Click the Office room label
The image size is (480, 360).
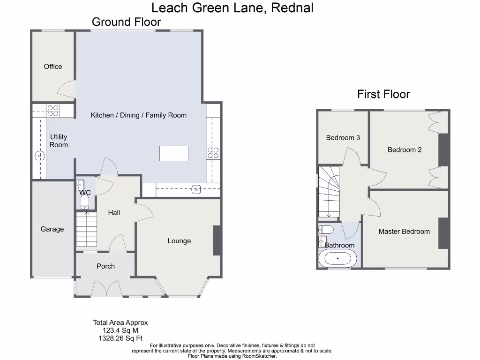[53, 67]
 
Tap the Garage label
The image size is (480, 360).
[52, 229]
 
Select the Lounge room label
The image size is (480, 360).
[179, 241]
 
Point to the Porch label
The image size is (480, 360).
[105, 266]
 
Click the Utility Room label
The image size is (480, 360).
[59, 141]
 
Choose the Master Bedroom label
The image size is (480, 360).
[404, 232]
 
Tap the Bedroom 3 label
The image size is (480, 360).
[343, 138]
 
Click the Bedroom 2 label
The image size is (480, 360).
[405, 150]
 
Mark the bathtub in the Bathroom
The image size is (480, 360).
[337, 258]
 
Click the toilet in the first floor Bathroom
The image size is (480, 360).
[326, 230]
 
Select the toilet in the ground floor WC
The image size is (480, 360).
[85, 202]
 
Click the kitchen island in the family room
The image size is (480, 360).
[174, 153]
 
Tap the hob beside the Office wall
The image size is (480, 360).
[53, 110]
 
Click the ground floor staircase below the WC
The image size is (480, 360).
[86, 229]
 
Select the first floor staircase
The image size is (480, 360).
[329, 192]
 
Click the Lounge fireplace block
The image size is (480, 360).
[217, 240]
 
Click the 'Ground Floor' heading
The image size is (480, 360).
[126, 22]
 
